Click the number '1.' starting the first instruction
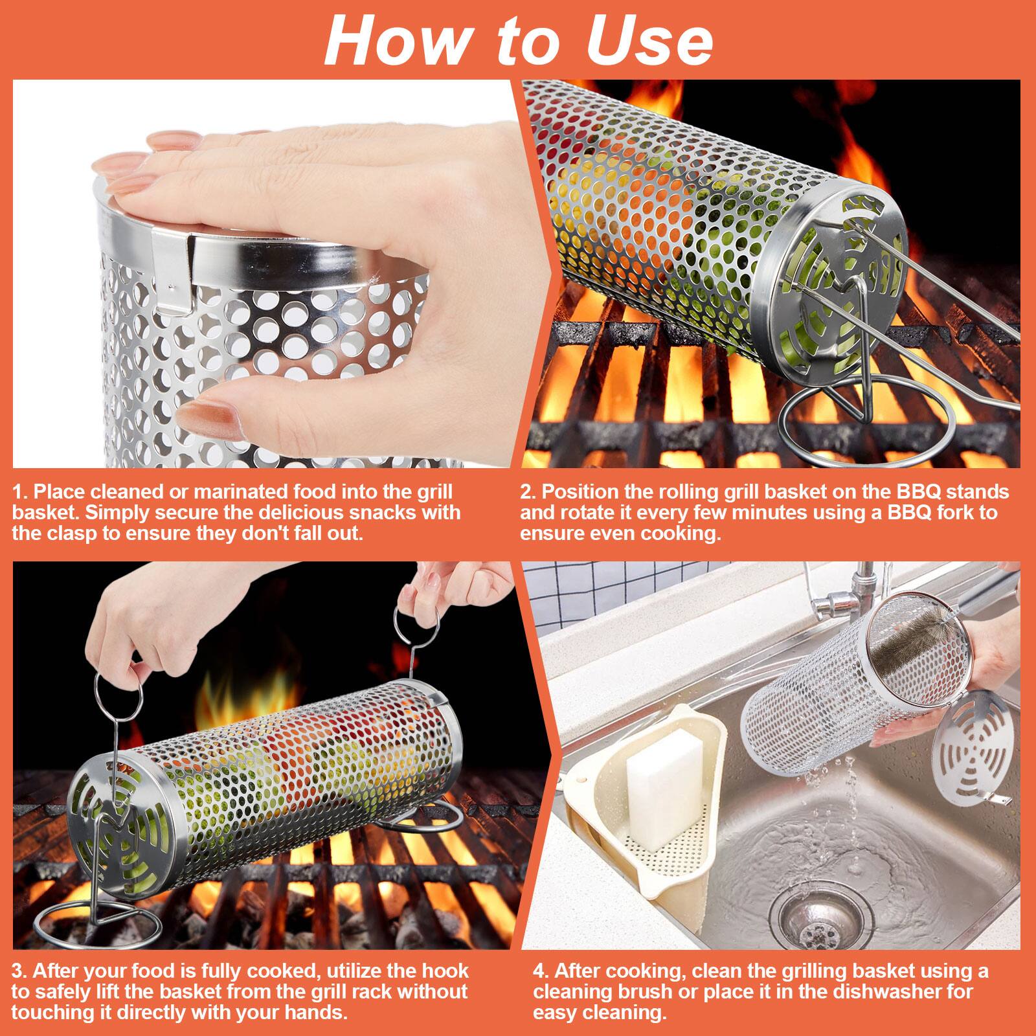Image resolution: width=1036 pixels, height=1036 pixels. (21, 492)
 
